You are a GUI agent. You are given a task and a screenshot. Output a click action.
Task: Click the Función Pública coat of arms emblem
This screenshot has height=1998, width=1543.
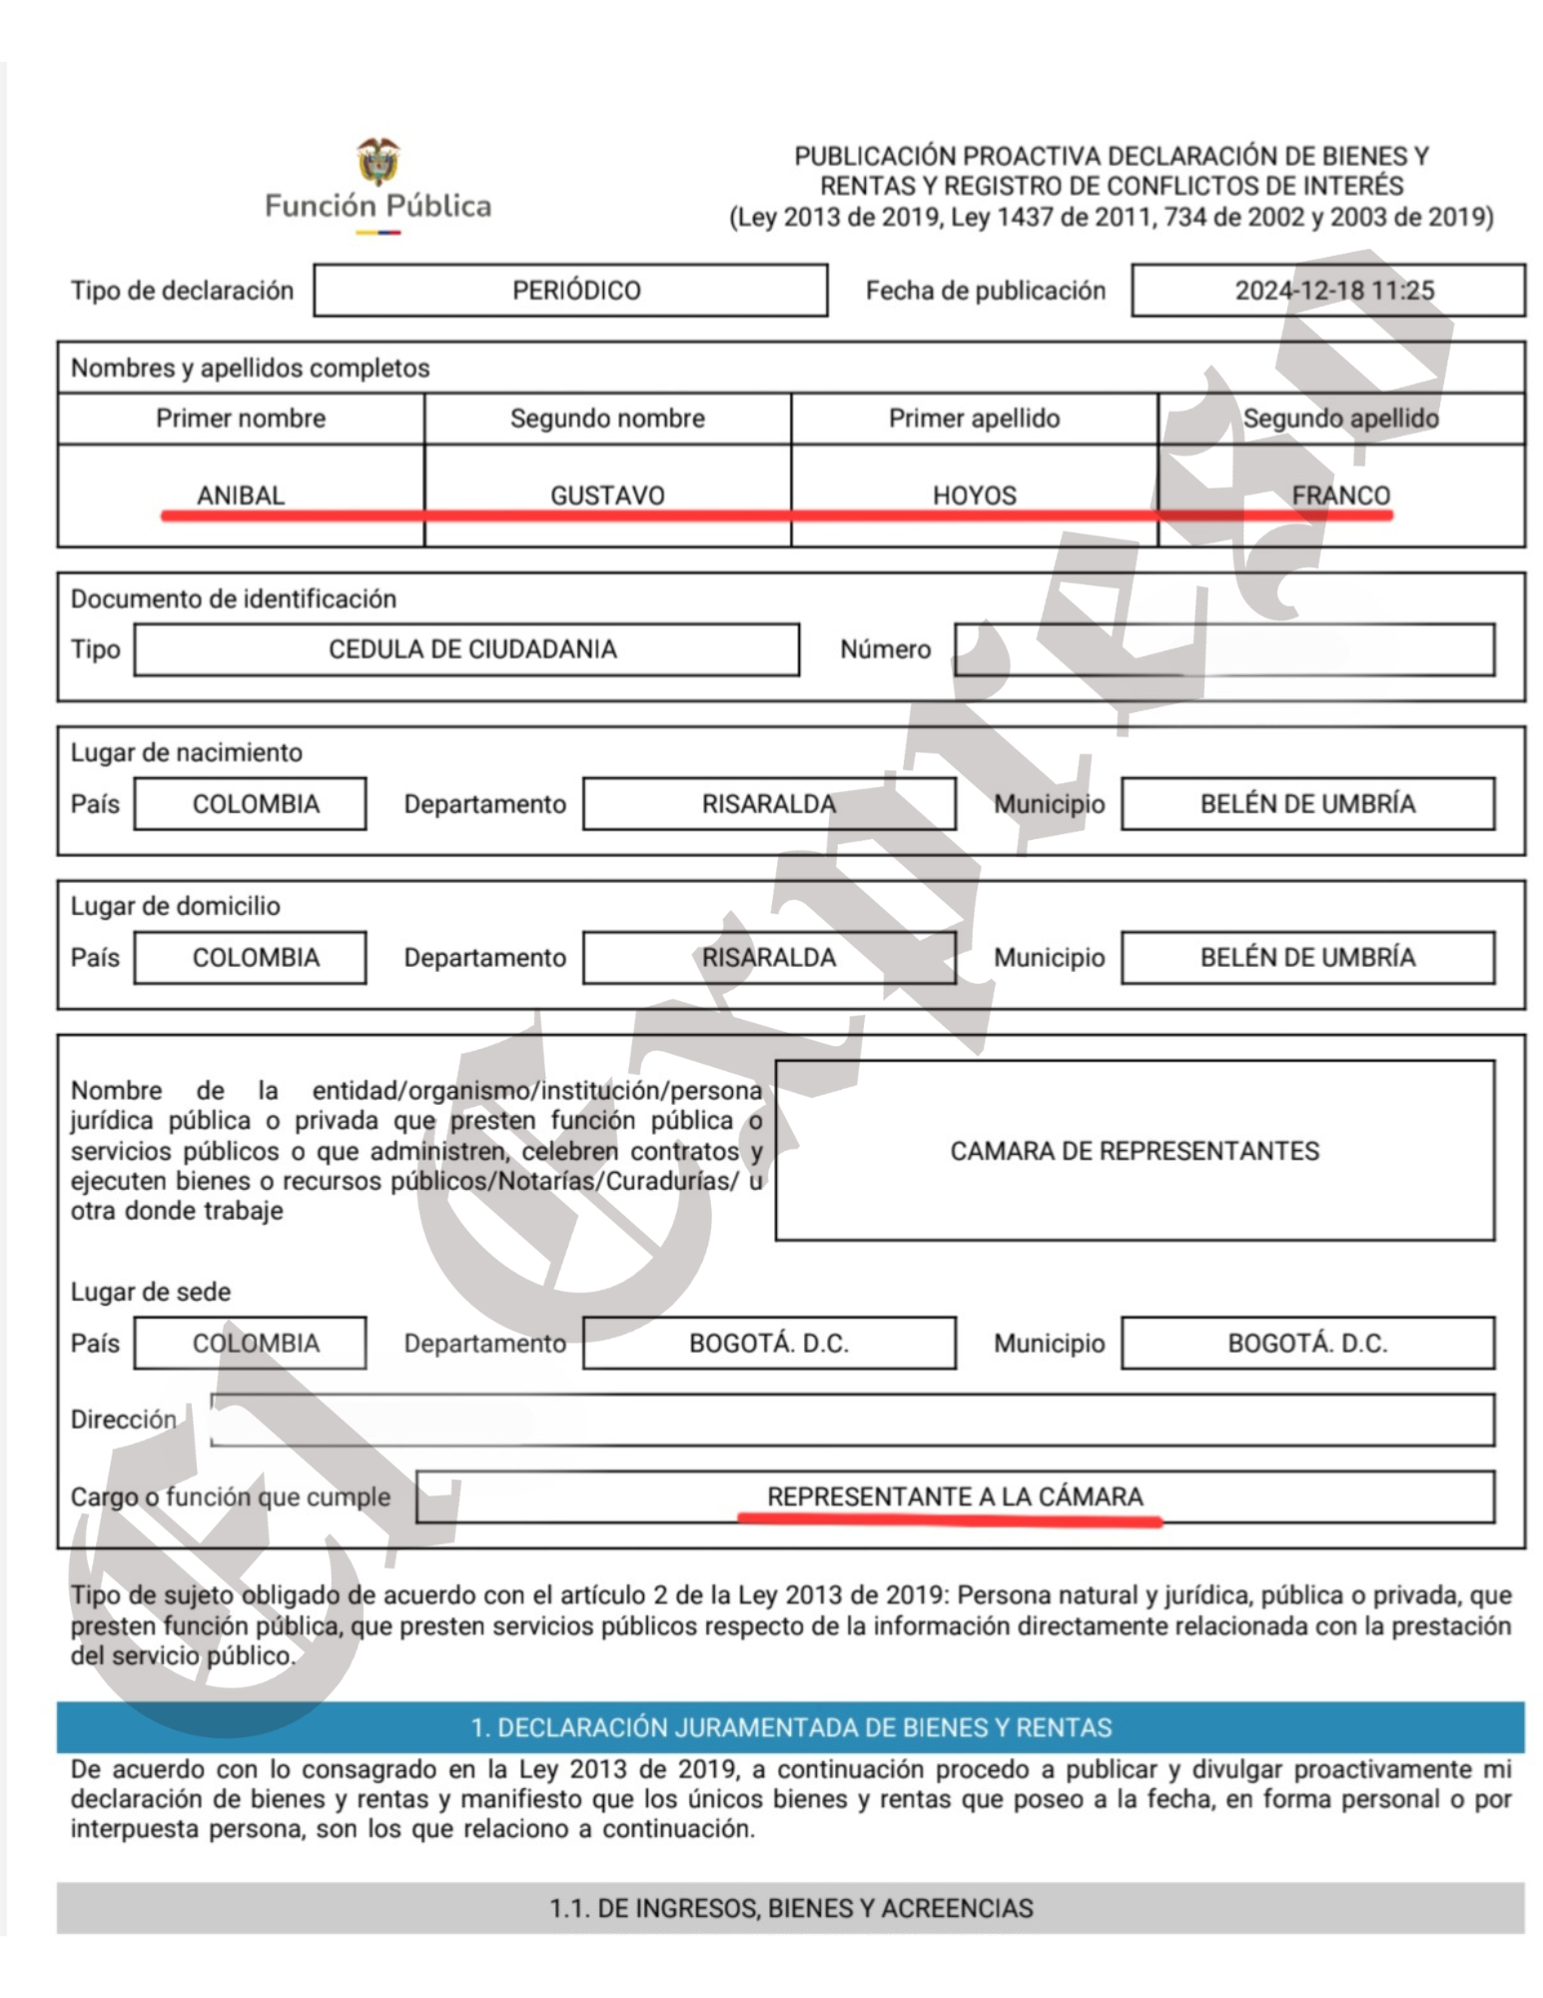378,162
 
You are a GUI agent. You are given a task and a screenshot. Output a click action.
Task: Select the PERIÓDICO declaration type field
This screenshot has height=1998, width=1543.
570,291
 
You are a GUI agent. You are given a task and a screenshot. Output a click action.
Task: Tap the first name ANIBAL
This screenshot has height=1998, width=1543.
241,495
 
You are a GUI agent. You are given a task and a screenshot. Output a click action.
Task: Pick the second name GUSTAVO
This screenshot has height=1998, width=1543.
607,495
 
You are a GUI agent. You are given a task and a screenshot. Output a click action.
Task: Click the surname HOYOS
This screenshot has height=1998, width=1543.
974,495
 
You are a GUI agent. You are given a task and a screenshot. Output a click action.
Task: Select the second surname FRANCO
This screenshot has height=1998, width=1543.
1340,495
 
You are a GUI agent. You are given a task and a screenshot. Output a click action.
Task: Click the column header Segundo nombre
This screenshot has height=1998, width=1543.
607,419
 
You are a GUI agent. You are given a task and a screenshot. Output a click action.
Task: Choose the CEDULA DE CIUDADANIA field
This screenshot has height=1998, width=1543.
467,649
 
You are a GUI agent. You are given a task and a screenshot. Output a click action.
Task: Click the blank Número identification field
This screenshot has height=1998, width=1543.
1223,649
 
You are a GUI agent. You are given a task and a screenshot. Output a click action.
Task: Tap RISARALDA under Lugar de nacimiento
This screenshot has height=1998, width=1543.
768,803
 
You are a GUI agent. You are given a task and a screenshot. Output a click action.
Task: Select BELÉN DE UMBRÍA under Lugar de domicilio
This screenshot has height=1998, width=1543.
1307,957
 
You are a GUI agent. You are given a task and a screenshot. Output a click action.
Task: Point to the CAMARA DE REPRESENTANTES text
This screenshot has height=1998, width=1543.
1134,1151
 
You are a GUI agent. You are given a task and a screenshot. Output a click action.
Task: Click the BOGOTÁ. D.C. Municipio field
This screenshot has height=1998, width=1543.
1307,1343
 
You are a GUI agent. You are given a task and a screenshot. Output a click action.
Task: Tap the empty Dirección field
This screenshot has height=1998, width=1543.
851,1420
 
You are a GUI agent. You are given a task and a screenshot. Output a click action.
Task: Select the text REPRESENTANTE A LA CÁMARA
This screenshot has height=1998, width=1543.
954,1496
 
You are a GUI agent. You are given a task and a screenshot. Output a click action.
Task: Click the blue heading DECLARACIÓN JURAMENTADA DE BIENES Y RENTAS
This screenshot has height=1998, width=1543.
790,1727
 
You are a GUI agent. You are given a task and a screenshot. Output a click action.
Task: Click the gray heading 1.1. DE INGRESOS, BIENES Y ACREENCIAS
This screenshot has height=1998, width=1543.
790,1908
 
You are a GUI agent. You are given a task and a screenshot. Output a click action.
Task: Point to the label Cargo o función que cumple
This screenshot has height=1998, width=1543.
230,1497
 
